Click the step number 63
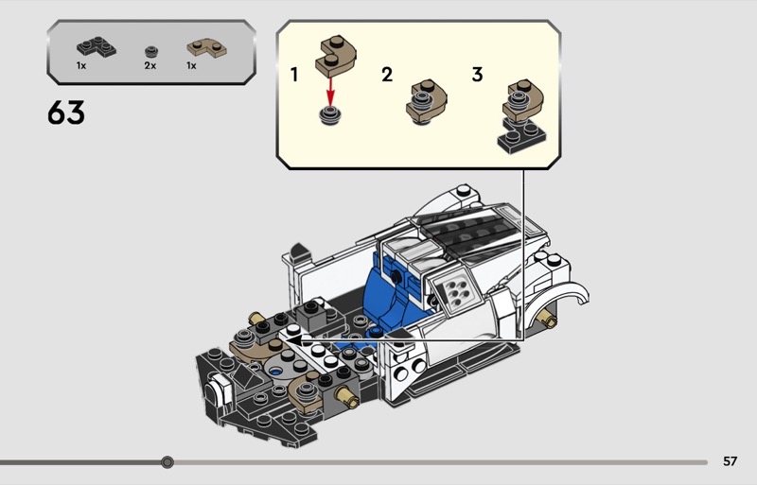66,113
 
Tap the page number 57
730,461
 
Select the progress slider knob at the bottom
167,462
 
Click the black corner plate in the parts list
97,47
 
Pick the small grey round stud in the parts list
151,51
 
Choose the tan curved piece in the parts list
207,48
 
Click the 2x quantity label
150,65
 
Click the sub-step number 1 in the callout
294,75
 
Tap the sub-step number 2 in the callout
387,75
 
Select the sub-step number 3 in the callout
477,75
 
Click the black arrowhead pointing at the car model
293,339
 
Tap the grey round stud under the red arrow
330,116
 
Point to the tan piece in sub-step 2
427,102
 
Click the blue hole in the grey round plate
276,372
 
